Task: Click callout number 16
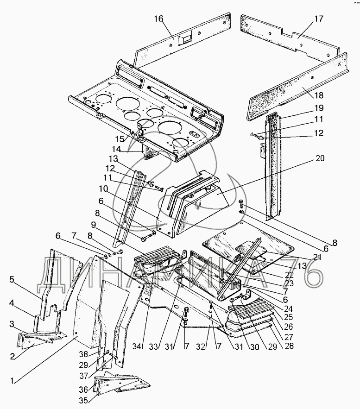tap(158, 19)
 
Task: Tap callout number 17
tap(318, 19)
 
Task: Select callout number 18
tap(319, 95)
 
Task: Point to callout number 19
tap(319, 108)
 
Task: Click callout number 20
tap(320, 158)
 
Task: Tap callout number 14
tap(116, 149)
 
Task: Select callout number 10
tap(104, 188)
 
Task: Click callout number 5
tap(12, 280)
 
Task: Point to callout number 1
tap(12, 381)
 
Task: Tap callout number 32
tap(201, 346)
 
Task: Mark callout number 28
tap(289, 346)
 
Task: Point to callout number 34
tap(138, 346)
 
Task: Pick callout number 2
tap(12, 357)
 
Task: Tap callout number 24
tap(289, 308)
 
